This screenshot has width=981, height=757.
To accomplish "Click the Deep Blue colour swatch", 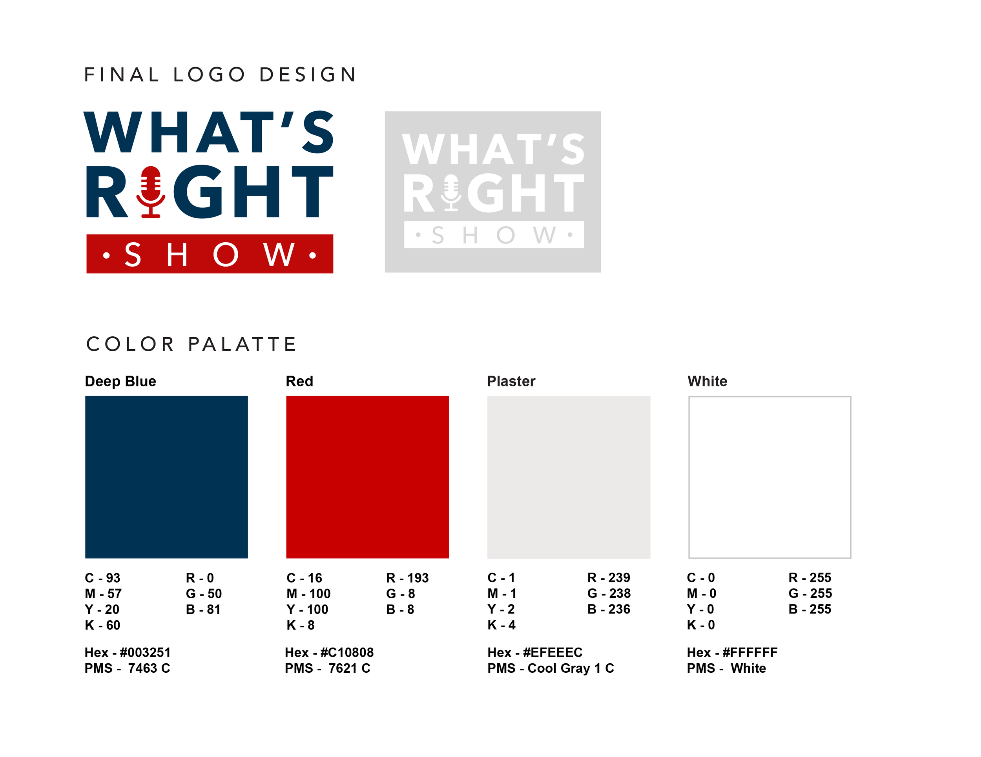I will click(x=166, y=477).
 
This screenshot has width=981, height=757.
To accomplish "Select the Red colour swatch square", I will click(x=367, y=477).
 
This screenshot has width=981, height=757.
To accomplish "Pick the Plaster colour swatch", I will click(x=569, y=477).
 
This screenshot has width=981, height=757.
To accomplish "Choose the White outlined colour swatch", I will click(x=770, y=477).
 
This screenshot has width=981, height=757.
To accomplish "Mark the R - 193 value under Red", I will click(x=407, y=578).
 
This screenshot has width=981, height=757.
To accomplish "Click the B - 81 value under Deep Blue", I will click(x=203, y=609).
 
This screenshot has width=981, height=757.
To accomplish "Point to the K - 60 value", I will click(x=102, y=625).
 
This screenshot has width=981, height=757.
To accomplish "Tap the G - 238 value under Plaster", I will click(x=609, y=594).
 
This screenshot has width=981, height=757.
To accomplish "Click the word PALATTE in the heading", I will click(x=243, y=344).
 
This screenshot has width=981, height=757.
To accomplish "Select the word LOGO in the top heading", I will click(x=209, y=74).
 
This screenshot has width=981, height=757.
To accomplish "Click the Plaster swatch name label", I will click(x=511, y=381).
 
